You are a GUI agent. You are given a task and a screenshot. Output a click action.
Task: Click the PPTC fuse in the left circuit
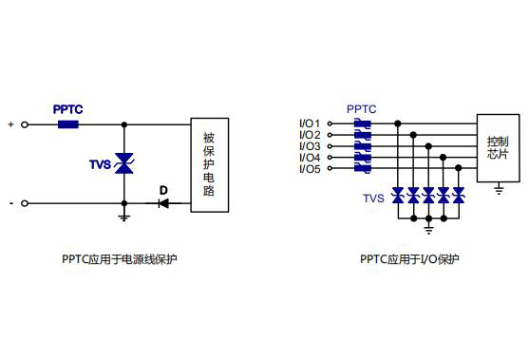click(x=68, y=123)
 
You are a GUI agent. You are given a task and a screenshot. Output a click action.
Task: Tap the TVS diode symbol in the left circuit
click(x=123, y=163)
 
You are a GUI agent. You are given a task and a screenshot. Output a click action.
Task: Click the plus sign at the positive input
click(x=10, y=124)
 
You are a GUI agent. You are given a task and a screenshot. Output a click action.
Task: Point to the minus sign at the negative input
click(x=10, y=202)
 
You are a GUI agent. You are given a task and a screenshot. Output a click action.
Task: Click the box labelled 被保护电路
click(x=209, y=163)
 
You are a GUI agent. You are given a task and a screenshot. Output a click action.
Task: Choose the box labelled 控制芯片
click(x=498, y=147)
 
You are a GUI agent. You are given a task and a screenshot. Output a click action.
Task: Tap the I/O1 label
click(x=310, y=123)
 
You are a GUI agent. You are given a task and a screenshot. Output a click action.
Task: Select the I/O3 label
click(x=310, y=146)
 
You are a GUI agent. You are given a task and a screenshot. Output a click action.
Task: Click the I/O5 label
click(x=310, y=169)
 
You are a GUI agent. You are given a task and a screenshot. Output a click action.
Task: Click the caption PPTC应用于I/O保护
click(x=409, y=258)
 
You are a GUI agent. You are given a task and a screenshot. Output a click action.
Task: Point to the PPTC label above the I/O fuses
click(x=362, y=109)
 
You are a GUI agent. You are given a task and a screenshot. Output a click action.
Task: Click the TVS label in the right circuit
click(x=373, y=199)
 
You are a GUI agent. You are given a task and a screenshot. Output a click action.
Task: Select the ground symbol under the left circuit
click(x=123, y=217)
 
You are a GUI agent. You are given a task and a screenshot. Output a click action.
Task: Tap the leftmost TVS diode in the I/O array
click(x=398, y=196)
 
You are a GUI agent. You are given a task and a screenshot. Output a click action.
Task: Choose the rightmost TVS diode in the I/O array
click(x=459, y=196)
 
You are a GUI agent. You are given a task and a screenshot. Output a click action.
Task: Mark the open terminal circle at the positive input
click(x=26, y=124)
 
